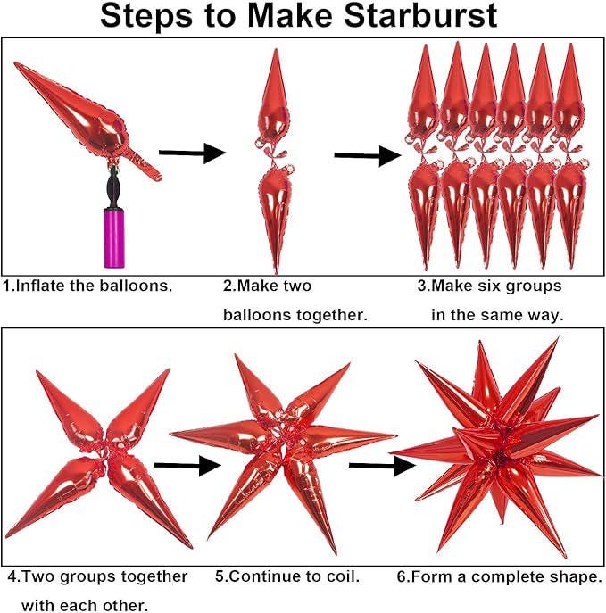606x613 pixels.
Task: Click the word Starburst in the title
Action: point(420,16)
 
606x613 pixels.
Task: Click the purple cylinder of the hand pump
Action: point(114,238)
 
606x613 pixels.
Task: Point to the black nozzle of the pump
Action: point(113,186)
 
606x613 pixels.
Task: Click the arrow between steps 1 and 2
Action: point(193,153)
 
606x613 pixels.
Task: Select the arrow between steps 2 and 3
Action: point(368,155)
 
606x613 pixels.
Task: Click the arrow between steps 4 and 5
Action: point(187,465)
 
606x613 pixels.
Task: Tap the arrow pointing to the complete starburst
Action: point(382,466)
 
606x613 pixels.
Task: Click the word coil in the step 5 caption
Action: point(341,576)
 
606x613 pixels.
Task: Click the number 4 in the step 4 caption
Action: point(12,576)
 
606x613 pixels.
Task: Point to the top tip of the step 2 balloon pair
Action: point(277,49)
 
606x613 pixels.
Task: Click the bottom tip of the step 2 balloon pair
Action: point(277,273)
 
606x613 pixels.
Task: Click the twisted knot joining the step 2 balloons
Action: point(275,154)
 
